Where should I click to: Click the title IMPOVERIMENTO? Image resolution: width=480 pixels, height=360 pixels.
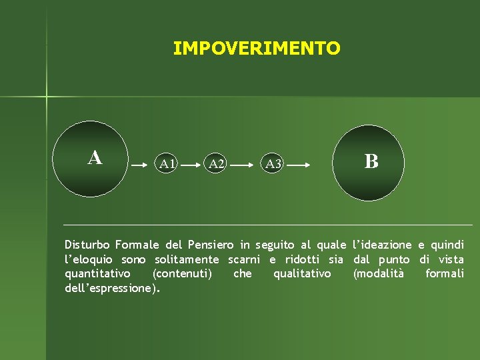[x=256, y=49]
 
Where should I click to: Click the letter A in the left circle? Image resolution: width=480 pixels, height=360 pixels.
[x=95, y=158]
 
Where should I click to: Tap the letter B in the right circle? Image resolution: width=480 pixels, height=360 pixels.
[x=371, y=161]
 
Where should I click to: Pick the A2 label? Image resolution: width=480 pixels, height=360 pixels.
[x=216, y=163]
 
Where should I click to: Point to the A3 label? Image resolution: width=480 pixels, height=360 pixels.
[x=273, y=163]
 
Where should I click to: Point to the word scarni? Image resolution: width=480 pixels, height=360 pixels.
[x=243, y=259]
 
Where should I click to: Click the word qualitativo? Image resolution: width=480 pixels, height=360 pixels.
[x=301, y=274]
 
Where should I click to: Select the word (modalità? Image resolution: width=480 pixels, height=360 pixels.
[x=378, y=274]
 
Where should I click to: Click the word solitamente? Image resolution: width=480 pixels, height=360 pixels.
[x=186, y=259]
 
